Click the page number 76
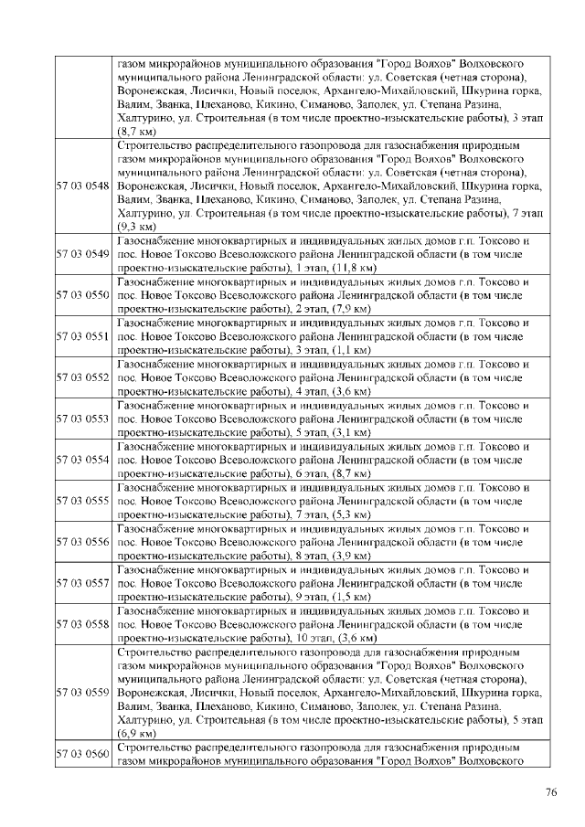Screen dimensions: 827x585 pos(551,792)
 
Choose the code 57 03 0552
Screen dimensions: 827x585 pos(83,377)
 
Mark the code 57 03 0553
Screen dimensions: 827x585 pos(83,419)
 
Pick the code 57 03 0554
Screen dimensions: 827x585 pos(83,460)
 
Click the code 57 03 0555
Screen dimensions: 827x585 pos(83,501)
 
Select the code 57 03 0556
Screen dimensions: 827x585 pos(83,542)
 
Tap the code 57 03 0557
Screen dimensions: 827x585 pos(83,582)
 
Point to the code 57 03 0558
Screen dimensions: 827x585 pos(83,623)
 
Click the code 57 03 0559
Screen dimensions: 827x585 pos(83,693)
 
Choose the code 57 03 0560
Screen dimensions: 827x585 pos(83,756)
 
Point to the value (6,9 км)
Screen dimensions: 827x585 pos(136,733)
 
